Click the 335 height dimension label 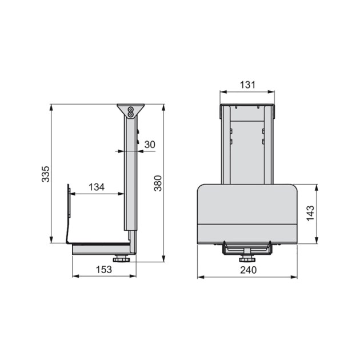point(46,174)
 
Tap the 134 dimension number point(97,187)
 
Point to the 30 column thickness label point(150,145)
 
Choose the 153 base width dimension point(104,270)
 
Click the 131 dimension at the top point(247,85)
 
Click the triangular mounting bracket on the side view point(131,110)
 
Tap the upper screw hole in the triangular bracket point(131,108)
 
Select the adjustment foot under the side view point(121,259)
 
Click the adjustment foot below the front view point(247,253)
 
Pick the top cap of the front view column point(247,106)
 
